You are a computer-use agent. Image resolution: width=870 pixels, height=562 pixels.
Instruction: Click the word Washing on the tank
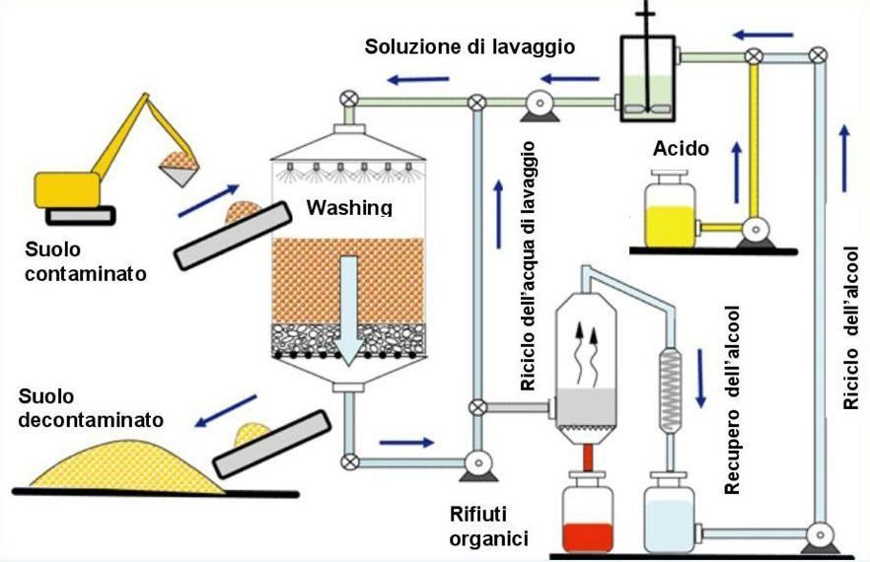click(348, 208)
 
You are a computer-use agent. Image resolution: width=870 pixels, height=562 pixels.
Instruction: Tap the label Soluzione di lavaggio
click(470, 46)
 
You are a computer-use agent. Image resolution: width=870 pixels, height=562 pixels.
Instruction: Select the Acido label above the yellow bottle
click(681, 149)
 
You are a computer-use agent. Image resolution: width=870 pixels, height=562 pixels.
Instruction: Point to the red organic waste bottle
click(587, 514)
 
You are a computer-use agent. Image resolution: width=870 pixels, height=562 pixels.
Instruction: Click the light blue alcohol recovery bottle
click(672, 514)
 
